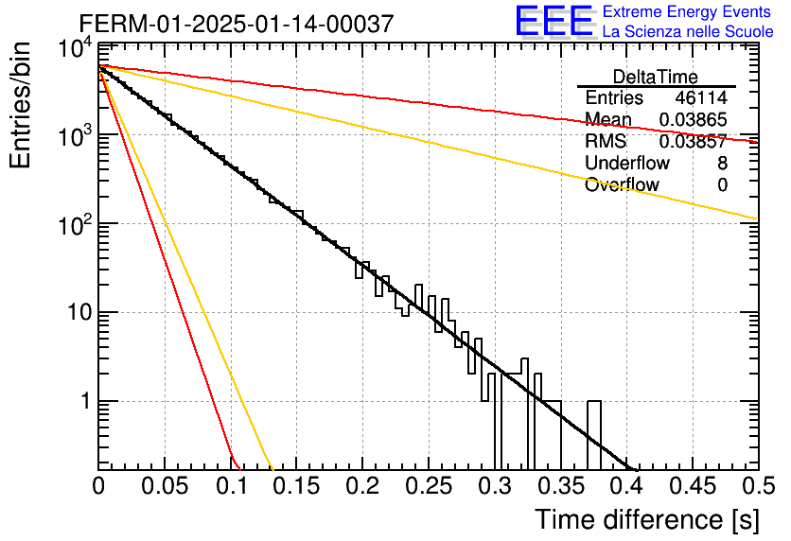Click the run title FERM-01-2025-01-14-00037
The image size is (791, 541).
[x=237, y=24]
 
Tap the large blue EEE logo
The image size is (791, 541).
[x=554, y=21]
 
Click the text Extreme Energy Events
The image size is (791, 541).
[x=687, y=11]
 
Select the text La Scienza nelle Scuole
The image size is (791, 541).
[x=688, y=31]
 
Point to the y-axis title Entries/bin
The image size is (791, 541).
[x=20, y=106]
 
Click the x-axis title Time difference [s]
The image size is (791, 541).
[x=647, y=520]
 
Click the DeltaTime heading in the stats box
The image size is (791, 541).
[x=655, y=77]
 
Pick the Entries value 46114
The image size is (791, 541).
[x=701, y=97]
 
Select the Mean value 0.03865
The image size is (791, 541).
[x=694, y=119]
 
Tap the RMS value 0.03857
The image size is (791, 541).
[x=694, y=142]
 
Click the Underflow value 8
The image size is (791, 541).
[x=722, y=164]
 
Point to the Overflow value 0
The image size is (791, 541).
[x=722, y=185]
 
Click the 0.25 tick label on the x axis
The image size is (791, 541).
[x=429, y=487]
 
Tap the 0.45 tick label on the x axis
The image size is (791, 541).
[x=693, y=487]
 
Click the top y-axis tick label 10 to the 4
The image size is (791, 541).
[x=75, y=49]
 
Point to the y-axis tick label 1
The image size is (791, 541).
[x=85, y=402]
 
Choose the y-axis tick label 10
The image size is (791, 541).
[x=80, y=313]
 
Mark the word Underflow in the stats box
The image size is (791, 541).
[x=627, y=164]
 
